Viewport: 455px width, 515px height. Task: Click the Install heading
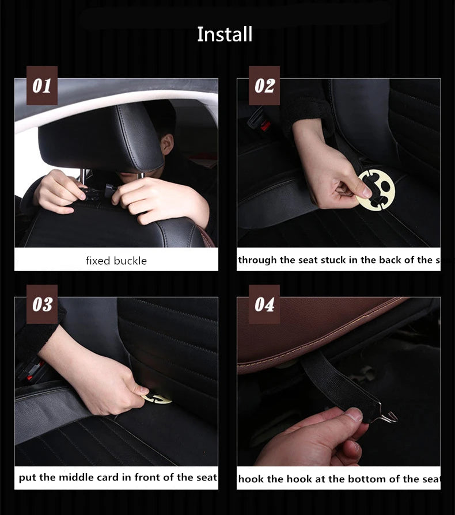click(x=225, y=35)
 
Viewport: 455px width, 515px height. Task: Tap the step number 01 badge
click(x=41, y=86)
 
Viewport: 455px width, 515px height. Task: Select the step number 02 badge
click(x=264, y=86)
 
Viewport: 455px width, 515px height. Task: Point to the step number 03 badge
click(x=41, y=304)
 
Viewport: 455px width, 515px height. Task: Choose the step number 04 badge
click(x=264, y=304)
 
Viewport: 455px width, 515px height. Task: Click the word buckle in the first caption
click(x=130, y=261)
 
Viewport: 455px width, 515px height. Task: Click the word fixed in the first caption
click(x=97, y=261)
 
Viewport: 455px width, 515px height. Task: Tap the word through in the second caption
click(x=257, y=260)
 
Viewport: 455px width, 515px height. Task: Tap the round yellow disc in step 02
click(x=376, y=190)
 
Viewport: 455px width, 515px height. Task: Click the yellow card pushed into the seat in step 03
click(x=157, y=398)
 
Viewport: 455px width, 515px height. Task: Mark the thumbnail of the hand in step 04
click(x=353, y=414)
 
